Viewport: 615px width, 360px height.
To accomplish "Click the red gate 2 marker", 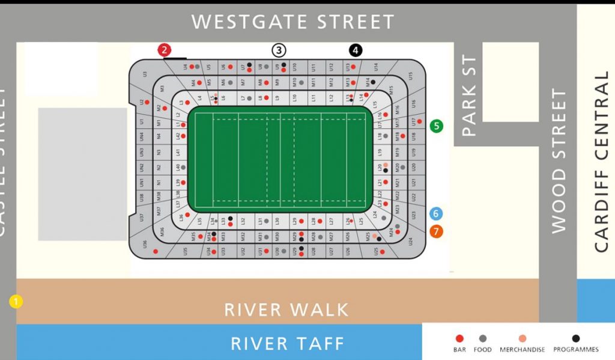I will (165, 50).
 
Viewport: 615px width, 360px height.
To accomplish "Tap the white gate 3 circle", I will (279, 50).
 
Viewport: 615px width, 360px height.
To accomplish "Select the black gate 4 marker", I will (356, 50).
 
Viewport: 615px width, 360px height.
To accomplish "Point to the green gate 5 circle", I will (437, 126).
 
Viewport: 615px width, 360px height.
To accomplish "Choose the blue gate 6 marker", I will (437, 213).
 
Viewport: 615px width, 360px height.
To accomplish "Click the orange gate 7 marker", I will (437, 231).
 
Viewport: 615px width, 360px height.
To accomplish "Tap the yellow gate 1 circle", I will (16, 301).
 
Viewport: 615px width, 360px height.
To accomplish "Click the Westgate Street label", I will (292, 22).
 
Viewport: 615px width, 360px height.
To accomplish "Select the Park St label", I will (468, 96).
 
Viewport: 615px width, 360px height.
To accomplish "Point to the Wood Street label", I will (559, 161).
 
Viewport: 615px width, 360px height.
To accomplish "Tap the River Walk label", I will (286, 310).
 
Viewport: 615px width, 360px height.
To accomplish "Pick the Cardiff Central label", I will (601, 162).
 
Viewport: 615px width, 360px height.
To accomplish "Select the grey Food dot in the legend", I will (483, 338).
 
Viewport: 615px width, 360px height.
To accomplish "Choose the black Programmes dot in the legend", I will (576, 338).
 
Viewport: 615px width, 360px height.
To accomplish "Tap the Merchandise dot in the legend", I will (522, 338).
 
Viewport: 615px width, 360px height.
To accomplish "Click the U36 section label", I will (145, 243).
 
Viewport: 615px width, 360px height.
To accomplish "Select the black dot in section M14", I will (373, 81).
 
